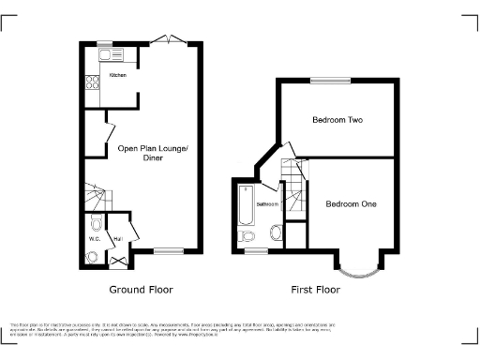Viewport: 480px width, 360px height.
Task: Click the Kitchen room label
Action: click(117, 75)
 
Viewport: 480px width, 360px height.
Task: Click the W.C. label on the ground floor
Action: click(95, 239)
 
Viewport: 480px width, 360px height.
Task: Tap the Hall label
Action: click(119, 239)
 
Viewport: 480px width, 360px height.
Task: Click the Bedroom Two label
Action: click(337, 121)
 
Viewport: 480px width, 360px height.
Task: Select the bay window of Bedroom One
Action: click(358, 270)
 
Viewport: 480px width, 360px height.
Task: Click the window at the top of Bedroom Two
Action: click(326, 81)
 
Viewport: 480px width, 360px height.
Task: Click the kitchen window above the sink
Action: click(102, 43)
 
